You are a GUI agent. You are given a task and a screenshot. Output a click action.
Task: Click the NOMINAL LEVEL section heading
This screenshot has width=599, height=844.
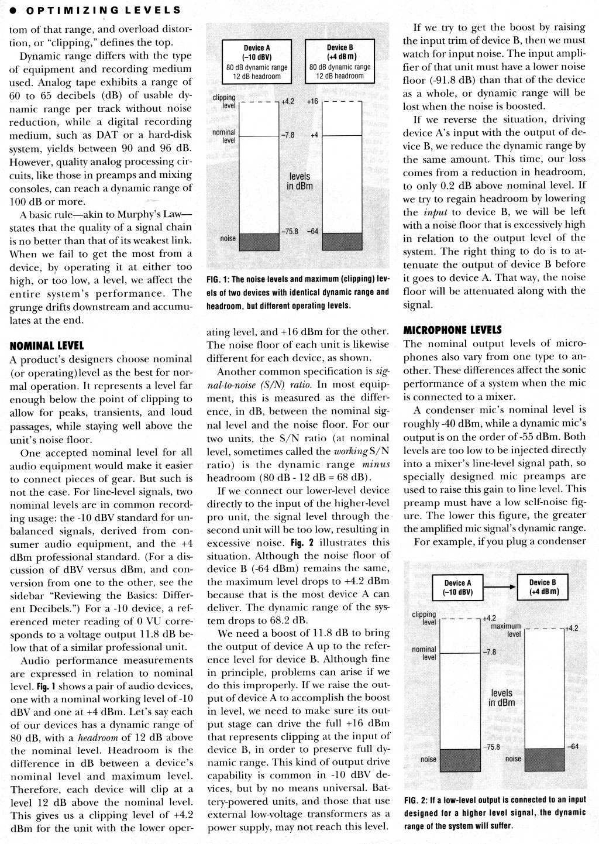pyautogui.click(x=47, y=346)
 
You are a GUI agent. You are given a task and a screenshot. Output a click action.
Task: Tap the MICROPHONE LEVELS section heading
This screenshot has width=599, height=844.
pyautogui.click(x=453, y=330)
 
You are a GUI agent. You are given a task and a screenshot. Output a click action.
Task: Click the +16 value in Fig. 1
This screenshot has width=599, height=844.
pyautogui.click(x=312, y=101)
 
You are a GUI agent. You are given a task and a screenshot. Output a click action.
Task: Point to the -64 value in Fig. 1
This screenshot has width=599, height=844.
pyautogui.click(x=314, y=231)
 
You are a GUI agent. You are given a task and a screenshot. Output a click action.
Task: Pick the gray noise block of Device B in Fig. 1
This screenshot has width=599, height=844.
pyautogui.click(x=342, y=241)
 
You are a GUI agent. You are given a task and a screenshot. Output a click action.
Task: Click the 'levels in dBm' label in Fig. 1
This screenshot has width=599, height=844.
pyautogui.click(x=299, y=181)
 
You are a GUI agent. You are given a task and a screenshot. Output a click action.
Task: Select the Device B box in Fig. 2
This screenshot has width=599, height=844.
pyautogui.click(x=542, y=587)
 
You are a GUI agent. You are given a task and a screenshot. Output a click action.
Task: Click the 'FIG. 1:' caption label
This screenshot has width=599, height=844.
pyautogui.click(x=218, y=279)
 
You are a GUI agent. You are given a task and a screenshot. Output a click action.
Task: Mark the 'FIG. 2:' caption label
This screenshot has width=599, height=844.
pyautogui.click(x=415, y=800)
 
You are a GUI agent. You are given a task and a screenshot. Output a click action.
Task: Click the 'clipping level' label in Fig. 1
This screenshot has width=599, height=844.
pyautogui.click(x=224, y=101)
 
